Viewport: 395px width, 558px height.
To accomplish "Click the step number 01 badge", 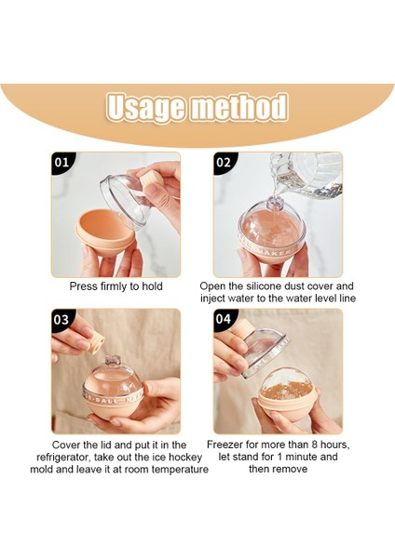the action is tap(62, 163).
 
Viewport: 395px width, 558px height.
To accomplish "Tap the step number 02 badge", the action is tap(224, 163).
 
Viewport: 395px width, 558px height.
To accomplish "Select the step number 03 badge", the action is tap(62, 320).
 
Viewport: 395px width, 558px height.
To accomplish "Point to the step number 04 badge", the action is tap(224, 319).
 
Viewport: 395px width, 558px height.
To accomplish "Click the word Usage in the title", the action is tap(146, 108).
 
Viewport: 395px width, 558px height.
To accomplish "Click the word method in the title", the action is tap(239, 106).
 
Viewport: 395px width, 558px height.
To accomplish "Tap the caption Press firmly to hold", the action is tap(116, 286).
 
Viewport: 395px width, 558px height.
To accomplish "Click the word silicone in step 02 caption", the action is tap(264, 286).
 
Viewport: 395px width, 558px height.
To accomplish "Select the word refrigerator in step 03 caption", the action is tap(63, 458).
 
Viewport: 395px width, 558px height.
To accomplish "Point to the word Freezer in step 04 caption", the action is tap(225, 445).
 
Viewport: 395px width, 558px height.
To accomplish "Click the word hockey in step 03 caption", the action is tap(184, 458).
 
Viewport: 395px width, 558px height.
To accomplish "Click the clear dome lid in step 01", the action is tap(127, 201).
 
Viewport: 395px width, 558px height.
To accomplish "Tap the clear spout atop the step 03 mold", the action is tap(113, 361).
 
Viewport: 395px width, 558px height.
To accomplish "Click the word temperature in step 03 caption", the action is tap(180, 470).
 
